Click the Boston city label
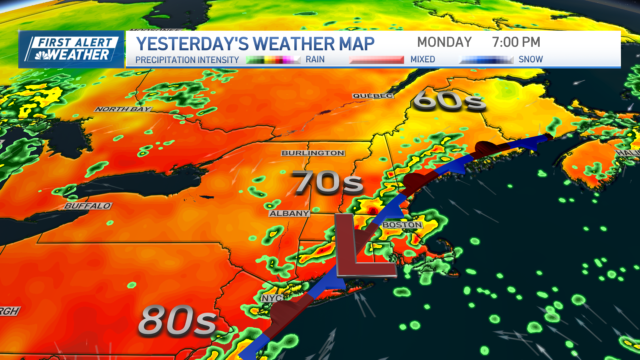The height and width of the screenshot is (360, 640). pos(402,225)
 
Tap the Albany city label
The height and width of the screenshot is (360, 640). pos(289,213)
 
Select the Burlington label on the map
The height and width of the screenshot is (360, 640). pos(313,153)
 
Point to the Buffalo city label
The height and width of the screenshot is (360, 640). pos(88,206)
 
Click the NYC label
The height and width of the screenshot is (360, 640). pos(272,298)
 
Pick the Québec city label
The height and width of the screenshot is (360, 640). pos(373,96)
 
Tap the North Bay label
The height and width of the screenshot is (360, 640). pos(123,109)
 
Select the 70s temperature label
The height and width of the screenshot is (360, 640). pos(327,182)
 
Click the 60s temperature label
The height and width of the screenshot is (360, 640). pos(449,100)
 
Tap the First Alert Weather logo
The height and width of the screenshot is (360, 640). pos(71,49)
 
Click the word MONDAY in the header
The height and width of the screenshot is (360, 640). pos(444,42)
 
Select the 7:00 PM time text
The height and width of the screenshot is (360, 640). pos(516,42)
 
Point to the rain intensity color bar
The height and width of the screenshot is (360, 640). pos(273,60)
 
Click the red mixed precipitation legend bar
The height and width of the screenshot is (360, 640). pos(376,60)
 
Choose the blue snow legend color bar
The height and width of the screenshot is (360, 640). pos(486,60)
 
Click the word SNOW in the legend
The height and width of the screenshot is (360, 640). pos(531,59)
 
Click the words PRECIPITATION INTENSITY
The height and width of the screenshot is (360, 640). pos(187,60)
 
